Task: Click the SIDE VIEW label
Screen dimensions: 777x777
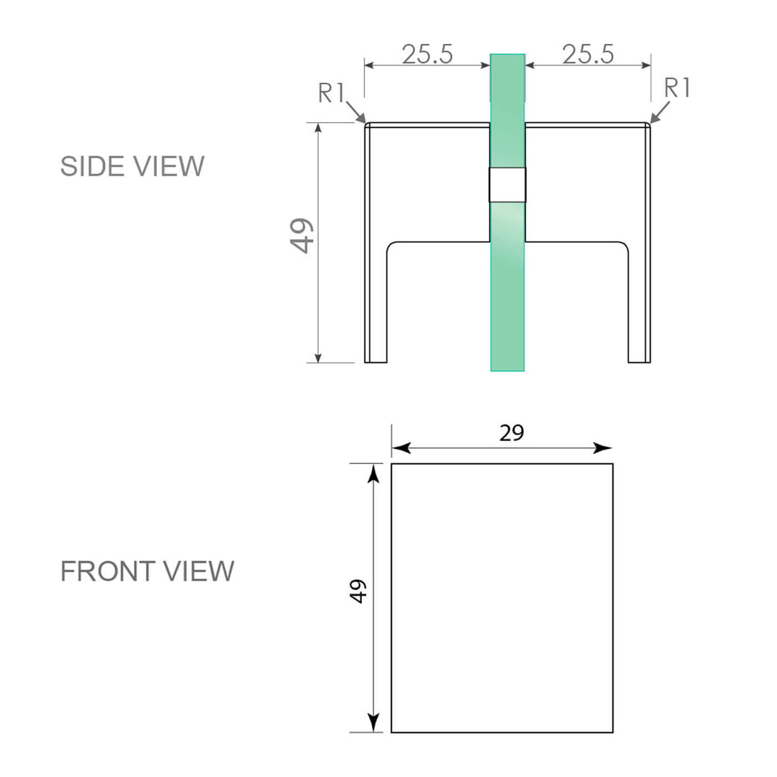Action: point(132,166)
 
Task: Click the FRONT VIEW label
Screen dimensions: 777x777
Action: point(147,571)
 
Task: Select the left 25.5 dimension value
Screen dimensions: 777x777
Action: point(427,55)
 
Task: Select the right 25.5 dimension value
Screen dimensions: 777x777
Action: point(588,55)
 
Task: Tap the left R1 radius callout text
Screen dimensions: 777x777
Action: point(332,93)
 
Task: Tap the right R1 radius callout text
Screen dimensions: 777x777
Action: point(677,88)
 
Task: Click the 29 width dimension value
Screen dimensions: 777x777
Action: point(512,433)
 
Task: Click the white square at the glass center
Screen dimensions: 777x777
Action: point(507,185)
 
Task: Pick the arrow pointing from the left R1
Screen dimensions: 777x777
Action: point(357,113)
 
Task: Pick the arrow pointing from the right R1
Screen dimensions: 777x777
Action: point(660,113)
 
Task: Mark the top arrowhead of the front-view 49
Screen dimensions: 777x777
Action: point(373,474)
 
